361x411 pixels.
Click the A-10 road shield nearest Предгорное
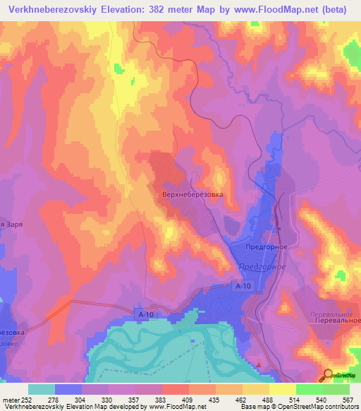click(243, 286)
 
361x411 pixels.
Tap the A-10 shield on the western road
click(145, 311)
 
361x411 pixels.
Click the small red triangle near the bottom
click(259, 364)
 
